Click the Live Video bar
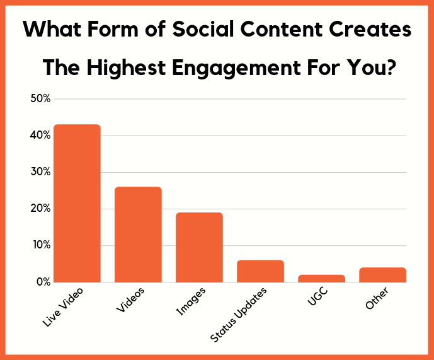[77, 203]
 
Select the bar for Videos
[138, 234]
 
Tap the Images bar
[199, 247]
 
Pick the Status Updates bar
[260, 271]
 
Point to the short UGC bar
[321, 278]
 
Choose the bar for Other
[382, 275]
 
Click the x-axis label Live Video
[62, 307]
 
